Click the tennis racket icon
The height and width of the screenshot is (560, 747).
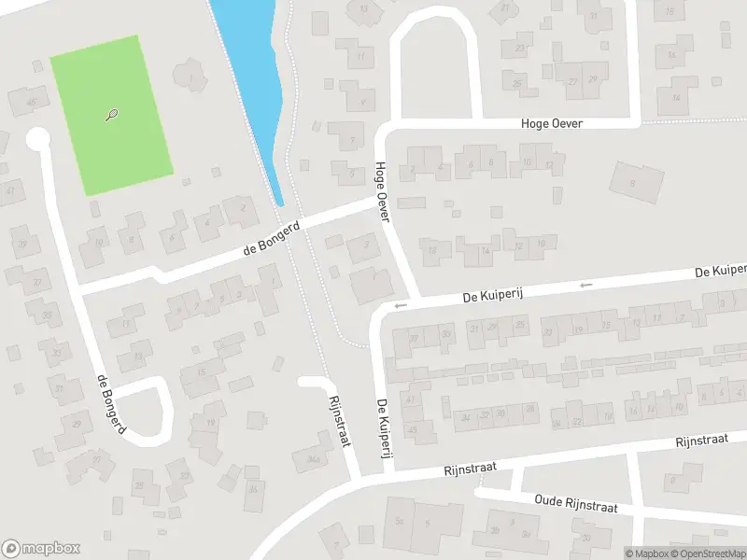[112, 116]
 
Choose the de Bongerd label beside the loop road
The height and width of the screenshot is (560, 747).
[110, 404]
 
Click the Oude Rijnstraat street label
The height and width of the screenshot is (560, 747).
[576, 503]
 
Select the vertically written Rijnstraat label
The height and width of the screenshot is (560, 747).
[339, 421]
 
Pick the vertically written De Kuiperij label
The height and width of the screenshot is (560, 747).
[382, 422]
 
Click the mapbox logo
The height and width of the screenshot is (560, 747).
[41, 549]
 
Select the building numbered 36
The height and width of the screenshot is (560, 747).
[253, 488]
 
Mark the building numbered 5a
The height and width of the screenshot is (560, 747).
[400, 520]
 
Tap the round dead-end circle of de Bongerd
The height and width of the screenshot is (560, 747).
[37, 140]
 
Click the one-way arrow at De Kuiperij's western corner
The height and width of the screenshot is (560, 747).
[401, 305]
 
